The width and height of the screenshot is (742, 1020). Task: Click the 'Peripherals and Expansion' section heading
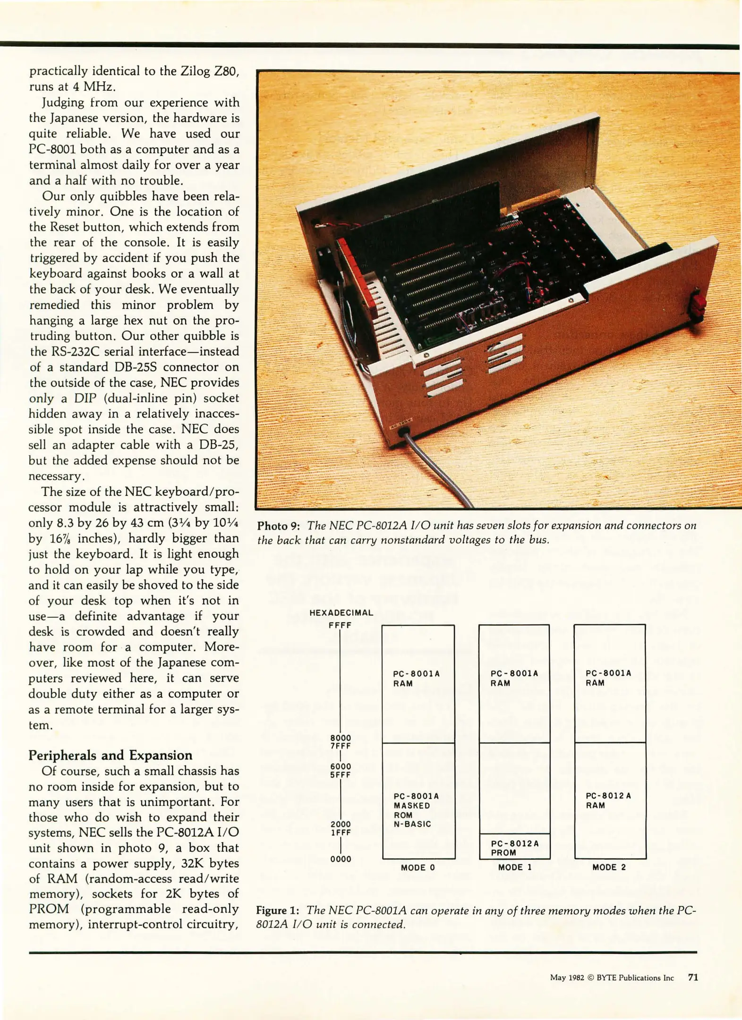tap(111, 755)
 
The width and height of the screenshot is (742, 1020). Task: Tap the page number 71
tap(693, 977)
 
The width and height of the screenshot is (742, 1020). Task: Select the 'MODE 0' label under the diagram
tap(418, 867)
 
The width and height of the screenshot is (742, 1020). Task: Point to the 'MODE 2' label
tap(609, 867)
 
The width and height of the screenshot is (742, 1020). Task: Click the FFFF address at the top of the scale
tap(340, 625)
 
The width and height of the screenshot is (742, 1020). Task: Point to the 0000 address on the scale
tap(341, 859)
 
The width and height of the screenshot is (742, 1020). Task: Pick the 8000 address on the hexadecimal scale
tap(341, 738)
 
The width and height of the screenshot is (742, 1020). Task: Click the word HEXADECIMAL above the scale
tap(341, 612)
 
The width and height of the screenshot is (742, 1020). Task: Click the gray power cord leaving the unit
tap(439, 472)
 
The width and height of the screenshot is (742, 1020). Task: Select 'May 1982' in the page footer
tap(567, 978)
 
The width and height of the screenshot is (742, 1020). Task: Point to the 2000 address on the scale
tap(341, 824)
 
